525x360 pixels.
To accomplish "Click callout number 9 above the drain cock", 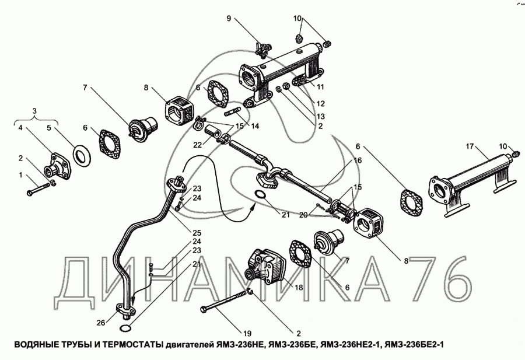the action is click(229, 19).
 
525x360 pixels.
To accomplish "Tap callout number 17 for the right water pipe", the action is click(470, 146).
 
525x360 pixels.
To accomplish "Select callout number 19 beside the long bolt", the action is click(247, 334).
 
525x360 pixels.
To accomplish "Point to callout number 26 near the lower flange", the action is click(101, 323).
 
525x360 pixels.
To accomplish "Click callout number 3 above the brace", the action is click(35, 111).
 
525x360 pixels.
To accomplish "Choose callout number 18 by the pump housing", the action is click(299, 288).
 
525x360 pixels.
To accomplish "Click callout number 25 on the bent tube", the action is click(197, 232).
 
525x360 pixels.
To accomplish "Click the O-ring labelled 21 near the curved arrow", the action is click(261, 195).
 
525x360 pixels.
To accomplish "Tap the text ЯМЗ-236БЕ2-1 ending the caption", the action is click(414, 345).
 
